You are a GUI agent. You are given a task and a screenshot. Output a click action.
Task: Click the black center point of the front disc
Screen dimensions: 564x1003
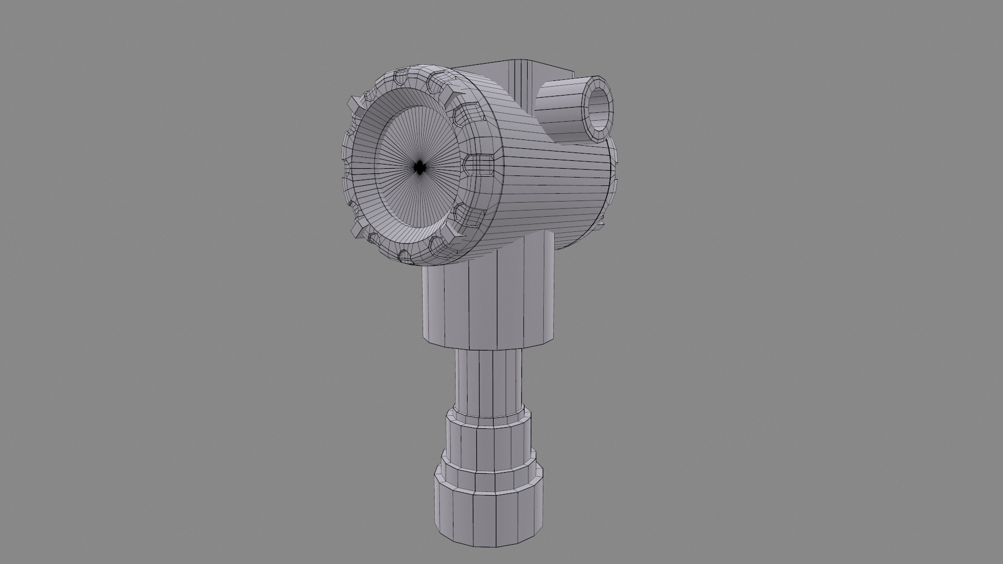[x=418, y=168]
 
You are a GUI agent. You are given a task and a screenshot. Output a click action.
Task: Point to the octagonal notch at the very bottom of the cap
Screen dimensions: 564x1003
[x=405, y=255]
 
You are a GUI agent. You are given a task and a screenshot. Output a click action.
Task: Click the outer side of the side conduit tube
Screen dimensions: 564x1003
[x=559, y=112]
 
